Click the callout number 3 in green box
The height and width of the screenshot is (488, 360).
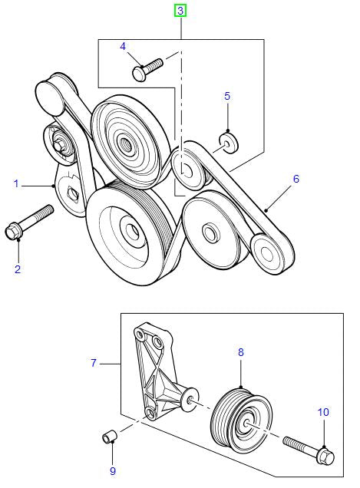[x=180, y=11]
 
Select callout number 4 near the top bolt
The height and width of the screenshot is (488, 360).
[x=122, y=47]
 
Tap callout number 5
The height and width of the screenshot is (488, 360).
[x=226, y=96]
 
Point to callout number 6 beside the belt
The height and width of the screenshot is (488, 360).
[x=296, y=179]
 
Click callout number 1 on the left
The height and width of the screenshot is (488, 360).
[x=15, y=183]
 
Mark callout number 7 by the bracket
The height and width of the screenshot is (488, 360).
[x=94, y=363]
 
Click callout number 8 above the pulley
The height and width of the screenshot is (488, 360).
[x=240, y=352]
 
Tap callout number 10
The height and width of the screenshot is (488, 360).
[x=323, y=412]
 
